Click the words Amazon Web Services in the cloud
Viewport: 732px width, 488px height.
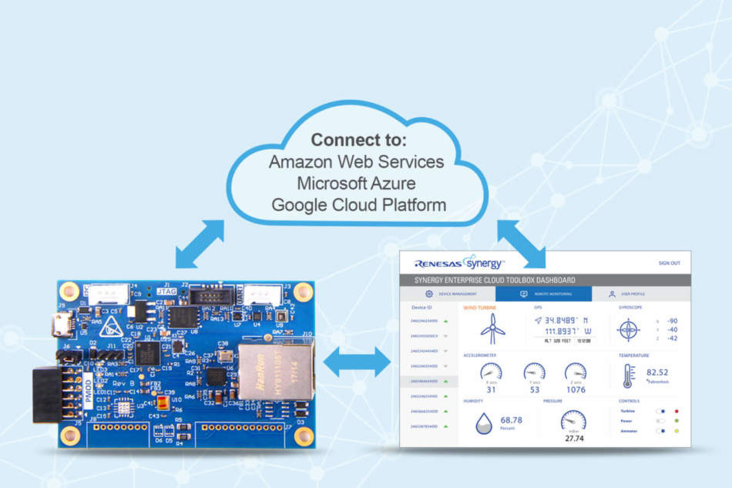(357, 163)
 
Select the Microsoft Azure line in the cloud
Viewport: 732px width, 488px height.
(357, 184)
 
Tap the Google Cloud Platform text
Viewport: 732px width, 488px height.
(358, 205)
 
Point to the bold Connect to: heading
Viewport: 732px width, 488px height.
(357, 140)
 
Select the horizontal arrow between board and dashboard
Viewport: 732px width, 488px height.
(357, 362)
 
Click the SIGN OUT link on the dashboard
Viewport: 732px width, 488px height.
(669, 263)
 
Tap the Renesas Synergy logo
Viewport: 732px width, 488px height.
(459, 263)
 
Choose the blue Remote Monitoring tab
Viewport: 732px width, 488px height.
(543, 294)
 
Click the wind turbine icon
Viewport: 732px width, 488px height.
(492, 328)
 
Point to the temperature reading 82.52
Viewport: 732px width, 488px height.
(657, 372)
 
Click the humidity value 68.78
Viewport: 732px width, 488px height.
(511, 420)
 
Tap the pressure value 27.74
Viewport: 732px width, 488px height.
(573, 438)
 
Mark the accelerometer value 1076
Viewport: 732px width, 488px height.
(575, 389)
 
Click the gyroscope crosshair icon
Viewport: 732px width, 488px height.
(629, 331)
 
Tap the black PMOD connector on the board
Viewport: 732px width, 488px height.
(47, 394)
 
